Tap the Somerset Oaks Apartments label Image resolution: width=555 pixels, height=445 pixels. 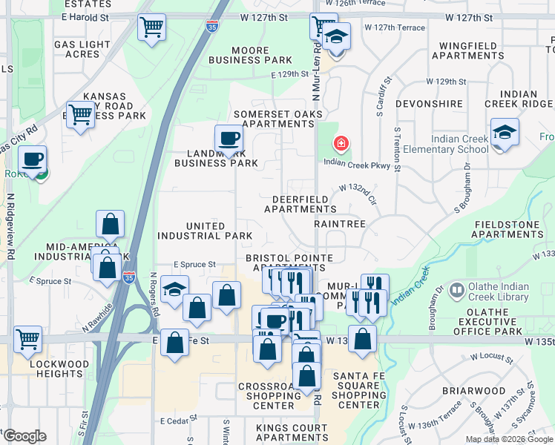[x=274, y=119]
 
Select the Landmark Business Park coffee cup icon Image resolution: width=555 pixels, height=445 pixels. [x=229, y=138]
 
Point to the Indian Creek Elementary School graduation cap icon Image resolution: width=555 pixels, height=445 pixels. [x=505, y=133]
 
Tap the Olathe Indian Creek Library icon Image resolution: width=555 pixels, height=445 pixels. [x=457, y=288]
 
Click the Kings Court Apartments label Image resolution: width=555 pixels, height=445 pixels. [x=292, y=432]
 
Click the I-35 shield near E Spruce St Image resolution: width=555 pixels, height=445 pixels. [x=130, y=278]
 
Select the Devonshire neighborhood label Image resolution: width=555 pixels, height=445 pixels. [x=429, y=104]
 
